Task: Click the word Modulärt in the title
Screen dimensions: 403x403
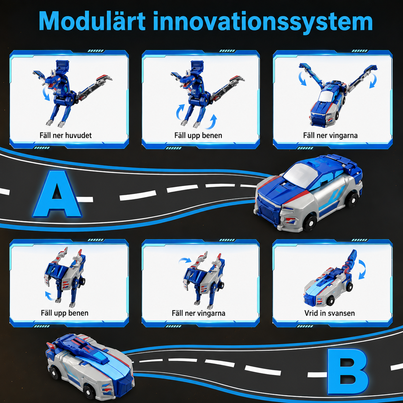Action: point(92,21)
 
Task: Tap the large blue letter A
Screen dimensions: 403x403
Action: point(57,194)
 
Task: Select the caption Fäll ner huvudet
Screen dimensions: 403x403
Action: point(66,135)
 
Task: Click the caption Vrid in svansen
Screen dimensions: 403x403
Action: point(330,313)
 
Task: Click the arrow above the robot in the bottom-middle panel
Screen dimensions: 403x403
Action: point(185,260)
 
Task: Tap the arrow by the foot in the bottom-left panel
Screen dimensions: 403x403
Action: point(50,296)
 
